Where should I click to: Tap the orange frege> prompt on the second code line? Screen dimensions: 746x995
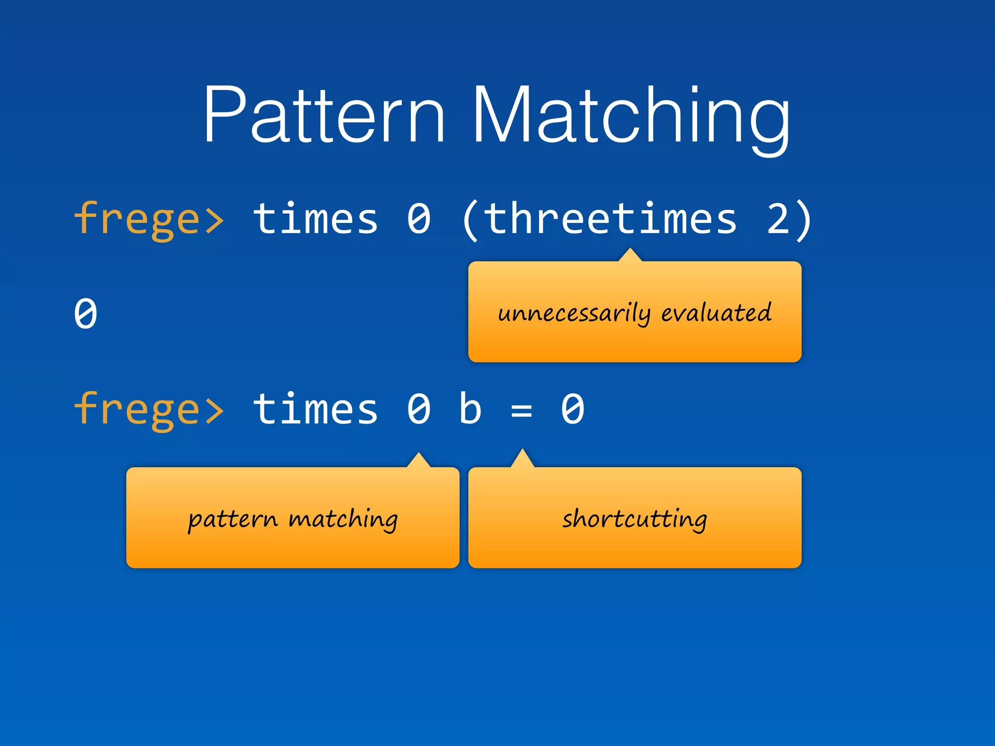(149, 409)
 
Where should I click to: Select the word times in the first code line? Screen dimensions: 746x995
(315, 219)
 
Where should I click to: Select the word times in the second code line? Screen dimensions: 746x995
(315, 409)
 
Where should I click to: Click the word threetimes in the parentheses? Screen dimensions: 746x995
(610, 219)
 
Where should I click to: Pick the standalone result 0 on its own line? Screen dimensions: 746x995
(86, 314)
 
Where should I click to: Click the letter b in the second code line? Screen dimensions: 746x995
(470, 409)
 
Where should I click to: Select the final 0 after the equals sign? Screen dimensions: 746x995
(572, 409)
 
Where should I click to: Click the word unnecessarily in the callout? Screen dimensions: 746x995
(574, 313)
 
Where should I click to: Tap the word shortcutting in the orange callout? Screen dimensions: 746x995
(635, 519)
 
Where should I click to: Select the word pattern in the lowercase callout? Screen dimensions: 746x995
(232, 520)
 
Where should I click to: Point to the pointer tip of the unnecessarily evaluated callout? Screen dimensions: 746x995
(630, 250)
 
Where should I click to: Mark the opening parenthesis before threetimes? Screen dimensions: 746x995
(470, 220)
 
